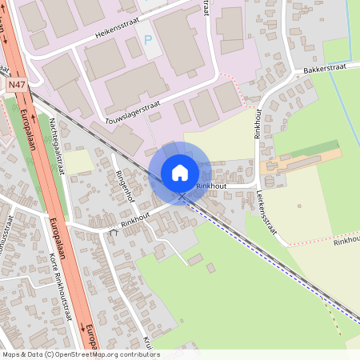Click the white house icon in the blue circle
click(180, 172)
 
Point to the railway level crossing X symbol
click(182, 196)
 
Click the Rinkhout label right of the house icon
click(211, 186)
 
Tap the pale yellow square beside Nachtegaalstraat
click(78, 161)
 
